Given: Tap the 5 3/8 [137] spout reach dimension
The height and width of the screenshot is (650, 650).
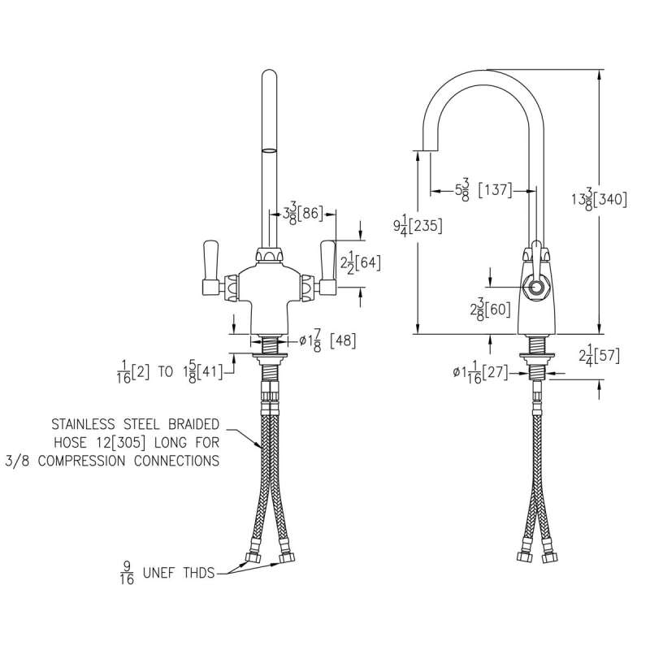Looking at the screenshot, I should click(x=483, y=190).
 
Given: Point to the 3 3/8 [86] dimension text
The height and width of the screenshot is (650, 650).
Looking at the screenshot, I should click(x=303, y=214).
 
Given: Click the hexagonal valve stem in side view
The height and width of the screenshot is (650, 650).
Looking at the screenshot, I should click(x=535, y=288).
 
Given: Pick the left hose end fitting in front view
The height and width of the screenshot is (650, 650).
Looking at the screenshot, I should click(x=251, y=557).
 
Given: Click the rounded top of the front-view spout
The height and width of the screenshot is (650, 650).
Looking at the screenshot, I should click(x=268, y=76).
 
